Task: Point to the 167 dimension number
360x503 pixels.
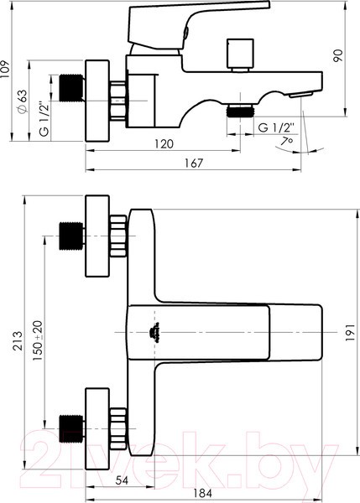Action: (194, 163)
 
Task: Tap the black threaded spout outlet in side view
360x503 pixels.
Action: (243, 108)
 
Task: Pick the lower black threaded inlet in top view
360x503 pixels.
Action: (70, 427)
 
